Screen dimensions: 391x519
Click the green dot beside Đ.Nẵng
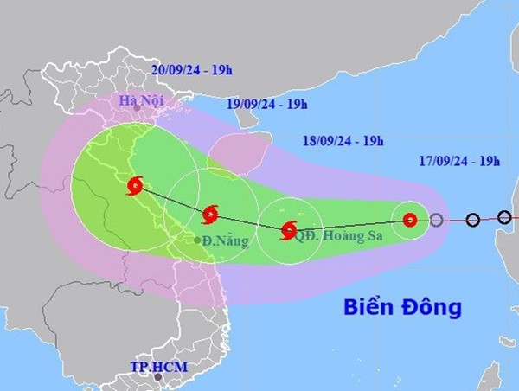(x=198, y=240)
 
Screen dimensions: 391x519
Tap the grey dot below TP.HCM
(x=157, y=377)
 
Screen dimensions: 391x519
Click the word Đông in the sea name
(x=434, y=306)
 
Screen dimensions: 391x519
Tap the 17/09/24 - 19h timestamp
(x=458, y=161)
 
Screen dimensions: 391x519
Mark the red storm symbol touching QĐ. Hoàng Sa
(x=288, y=230)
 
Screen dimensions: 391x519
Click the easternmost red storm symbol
(x=411, y=220)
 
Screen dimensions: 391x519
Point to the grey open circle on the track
(x=437, y=220)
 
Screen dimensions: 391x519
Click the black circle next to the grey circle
(x=472, y=220)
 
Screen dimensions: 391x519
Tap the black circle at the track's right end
(x=504, y=216)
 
